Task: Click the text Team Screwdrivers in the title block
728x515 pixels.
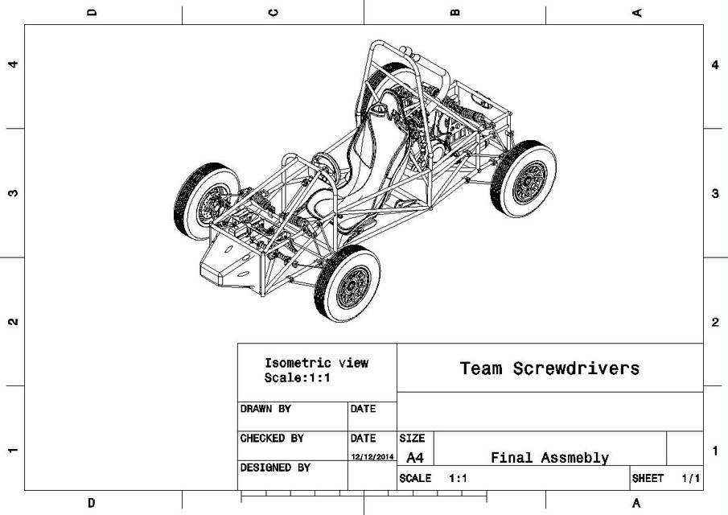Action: pyautogui.click(x=549, y=369)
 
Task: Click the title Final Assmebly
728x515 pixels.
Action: pyautogui.click(x=549, y=458)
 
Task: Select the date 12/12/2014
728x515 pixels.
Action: pyautogui.click(x=372, y=457)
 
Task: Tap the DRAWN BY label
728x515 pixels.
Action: pyautogui.click(x=265, y=409)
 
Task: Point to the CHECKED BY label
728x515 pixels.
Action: pyautogui.click(x=272, y=439)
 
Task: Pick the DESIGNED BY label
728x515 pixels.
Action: pyautogui.click(x=275, y=467)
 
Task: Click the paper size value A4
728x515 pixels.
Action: pyautogui.click(x=415, y=458)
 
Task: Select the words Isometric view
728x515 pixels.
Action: pyautogui.click(x=316, y=363)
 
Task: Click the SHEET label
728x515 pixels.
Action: pyautogui.click(x=648, y=478)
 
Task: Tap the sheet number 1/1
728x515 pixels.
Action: pyautogui.click(x=690, y=478)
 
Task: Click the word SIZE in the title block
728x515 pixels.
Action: pyautogui.click(x=412, y=439)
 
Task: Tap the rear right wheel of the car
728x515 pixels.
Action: pyautogui.click(x=523, y=179)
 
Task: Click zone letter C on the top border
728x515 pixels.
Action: pyautogui.click(x=274, y=12)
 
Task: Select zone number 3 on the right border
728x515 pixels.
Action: pyautogui.click(x=715, y=194)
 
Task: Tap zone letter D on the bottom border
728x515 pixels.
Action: pyautogui.click(x=91, y=503)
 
